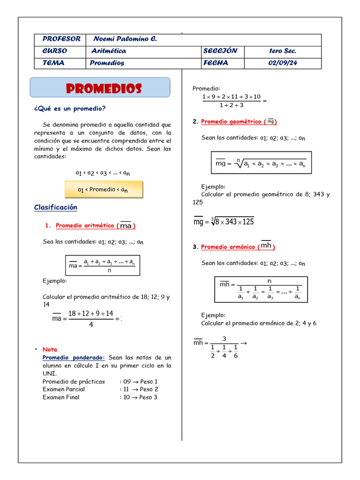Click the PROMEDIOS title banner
tap(100, 88)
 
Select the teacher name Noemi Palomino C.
tap(125, 39)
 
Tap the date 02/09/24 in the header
tap(283, 63)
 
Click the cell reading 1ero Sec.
tap(283, 51)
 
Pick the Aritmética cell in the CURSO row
tap(109, 51)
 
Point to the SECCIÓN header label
tap(220, 51)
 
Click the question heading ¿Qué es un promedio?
tap(70, 109)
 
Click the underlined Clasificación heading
tap(56, 207)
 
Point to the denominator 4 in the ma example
tap(91, 324)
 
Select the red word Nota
tap(50, 349)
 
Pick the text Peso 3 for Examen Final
tap(149, 397)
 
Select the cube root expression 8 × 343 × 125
tap(232, 222)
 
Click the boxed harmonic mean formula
tap(261, 289)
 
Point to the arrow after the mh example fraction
tap(243, 343)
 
